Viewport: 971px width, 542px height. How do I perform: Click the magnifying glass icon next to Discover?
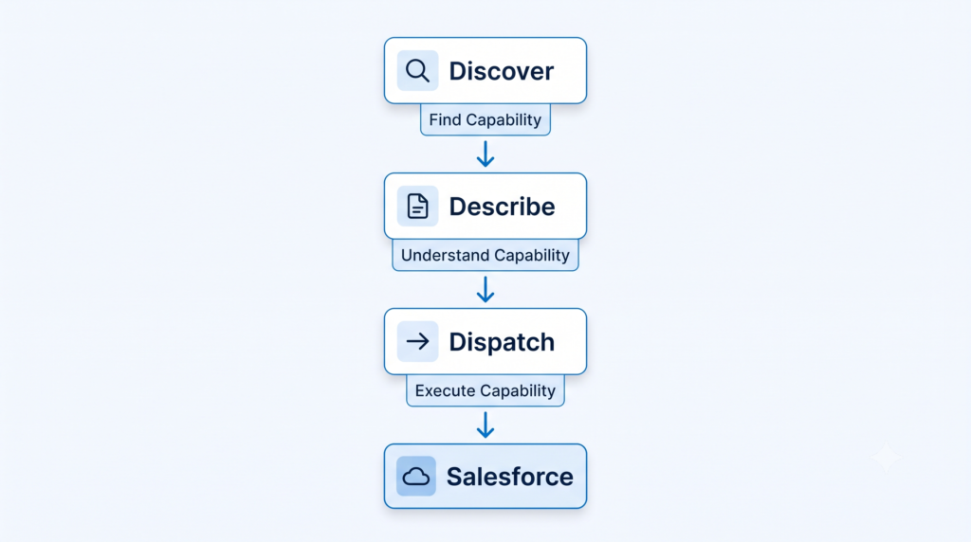pyautogui.click(x=417, y=70)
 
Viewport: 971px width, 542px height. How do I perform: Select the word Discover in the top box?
pyautogui.click(x=501, y=71)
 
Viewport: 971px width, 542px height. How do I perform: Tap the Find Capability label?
pyautogui.click(x=485, y=119)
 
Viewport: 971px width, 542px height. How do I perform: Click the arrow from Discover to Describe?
pyautogui.click(x=485, y=154)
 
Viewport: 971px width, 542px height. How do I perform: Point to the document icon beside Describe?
pyautogui.click(x=417, y=206)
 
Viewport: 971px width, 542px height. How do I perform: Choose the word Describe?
pyautogui.click(x=502, y=207)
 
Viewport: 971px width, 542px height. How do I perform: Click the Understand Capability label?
pyautogui.click(x=485, y=255)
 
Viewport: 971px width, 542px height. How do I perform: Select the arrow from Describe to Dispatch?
pyautogui.click(x=485, y=290)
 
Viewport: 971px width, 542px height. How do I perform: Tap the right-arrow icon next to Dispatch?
pyautogui.click(x=417, y=341)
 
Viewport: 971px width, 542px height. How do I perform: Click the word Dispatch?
pyautogui.click(x=502, y=342)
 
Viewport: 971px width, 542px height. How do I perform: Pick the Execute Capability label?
pyautogui.click(x=485, y=390)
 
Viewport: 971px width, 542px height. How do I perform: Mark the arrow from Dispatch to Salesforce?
pyautogui.click(x=485, y=425)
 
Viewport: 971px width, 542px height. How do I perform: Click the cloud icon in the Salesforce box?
pyautogui.click(x=416, y=477)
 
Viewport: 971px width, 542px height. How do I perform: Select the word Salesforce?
pyautogui.click(x=509, y=477)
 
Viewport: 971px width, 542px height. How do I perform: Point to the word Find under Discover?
pyautogui.click(x=446, y=119)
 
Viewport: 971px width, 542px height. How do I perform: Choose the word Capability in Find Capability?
pyautogui.click(x=504, y=120)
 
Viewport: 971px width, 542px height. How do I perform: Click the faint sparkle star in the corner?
pyautogui.click(x=886, y=458)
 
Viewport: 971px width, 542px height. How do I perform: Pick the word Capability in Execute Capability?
pyautogui.click(x=518, y=391)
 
